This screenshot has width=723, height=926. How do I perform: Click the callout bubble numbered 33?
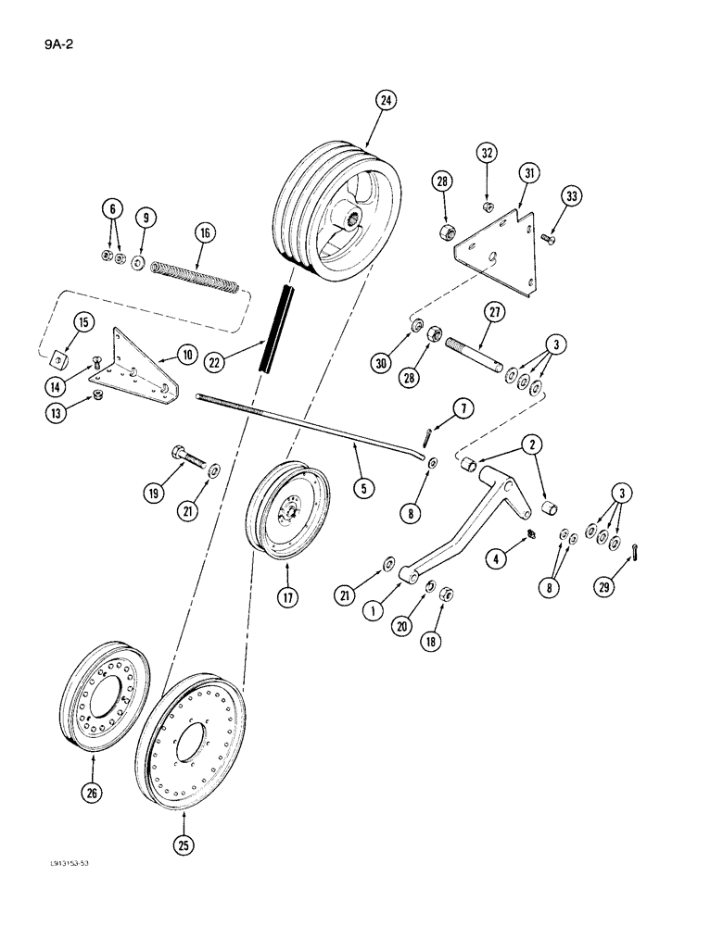tap(570, 195)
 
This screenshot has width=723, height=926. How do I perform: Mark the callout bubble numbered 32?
tap(488, 152)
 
